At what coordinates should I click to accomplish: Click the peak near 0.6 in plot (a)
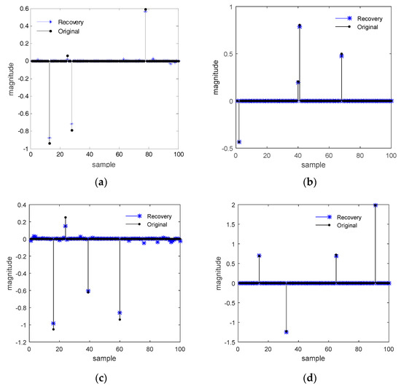coord(145,9)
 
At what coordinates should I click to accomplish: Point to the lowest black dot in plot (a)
coord(50,143)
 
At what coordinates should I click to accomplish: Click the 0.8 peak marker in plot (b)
coord(300,25)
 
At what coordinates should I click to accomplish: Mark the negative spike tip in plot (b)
coord(239,141)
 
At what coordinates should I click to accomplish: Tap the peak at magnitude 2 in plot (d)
coord(375,205)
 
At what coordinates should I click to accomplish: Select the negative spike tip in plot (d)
coord(287,331)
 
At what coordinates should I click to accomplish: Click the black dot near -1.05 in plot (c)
coord(53,329)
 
